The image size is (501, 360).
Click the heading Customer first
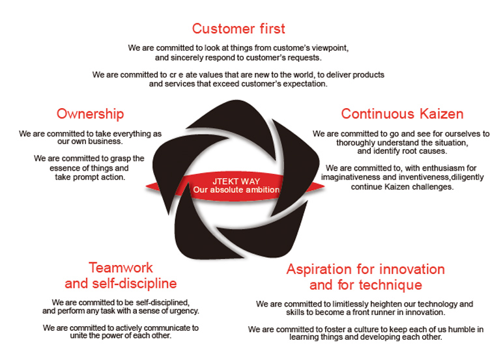238,29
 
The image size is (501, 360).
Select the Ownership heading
90,115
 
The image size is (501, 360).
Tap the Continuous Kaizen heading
402,114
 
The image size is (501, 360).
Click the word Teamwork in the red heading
121,268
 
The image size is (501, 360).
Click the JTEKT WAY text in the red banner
236,181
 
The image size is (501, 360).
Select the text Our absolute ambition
236,190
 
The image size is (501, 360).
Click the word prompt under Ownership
86,178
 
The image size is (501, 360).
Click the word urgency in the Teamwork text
184,311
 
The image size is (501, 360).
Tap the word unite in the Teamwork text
78,336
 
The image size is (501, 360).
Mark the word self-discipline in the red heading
134,284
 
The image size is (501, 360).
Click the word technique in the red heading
390,285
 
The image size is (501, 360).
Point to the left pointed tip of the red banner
147,187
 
